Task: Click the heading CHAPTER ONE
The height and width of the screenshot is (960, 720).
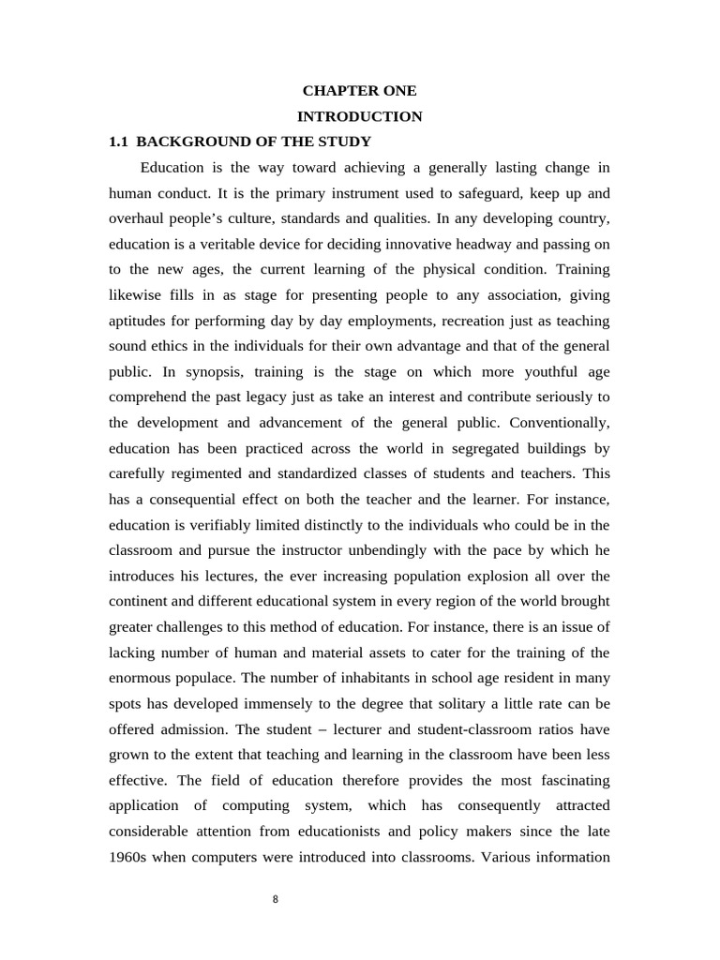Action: click(359, 91)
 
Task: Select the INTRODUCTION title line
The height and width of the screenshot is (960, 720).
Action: click(359, 116)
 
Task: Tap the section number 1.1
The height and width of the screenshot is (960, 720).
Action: click(118, 142)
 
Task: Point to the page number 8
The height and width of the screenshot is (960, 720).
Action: click(275, 899)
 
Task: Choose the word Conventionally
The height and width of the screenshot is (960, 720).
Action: click(557, 422)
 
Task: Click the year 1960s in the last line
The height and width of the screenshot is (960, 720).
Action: click(129, 855)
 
